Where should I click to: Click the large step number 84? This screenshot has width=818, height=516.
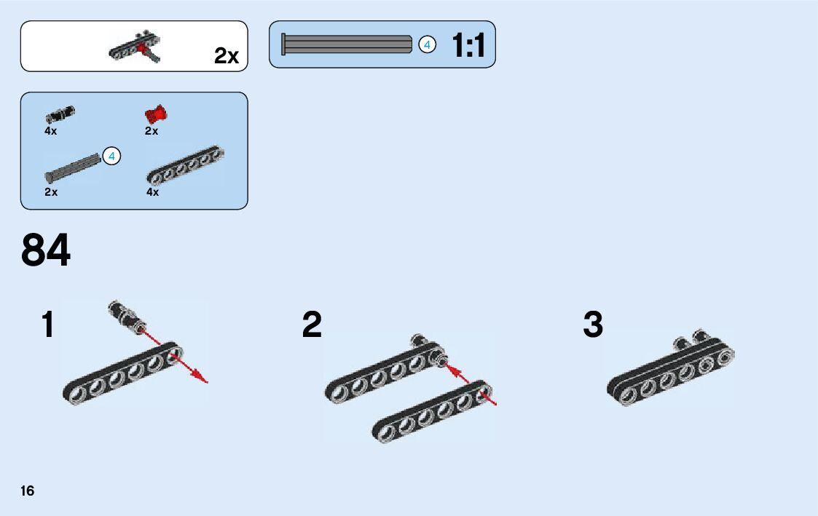pos(46,250)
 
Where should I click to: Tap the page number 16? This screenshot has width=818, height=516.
pos(28,491)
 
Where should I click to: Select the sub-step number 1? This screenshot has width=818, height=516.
pos(48,325)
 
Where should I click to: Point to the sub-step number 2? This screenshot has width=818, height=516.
pos(312,325)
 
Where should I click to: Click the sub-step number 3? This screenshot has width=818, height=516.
pos(593,325)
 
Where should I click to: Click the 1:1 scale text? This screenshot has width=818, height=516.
pos(468,46)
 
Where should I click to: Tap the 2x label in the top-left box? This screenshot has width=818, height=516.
pos(227,56)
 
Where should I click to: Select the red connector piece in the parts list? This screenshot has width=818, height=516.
pos(156,114)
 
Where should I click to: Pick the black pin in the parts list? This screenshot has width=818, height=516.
pos(60,114)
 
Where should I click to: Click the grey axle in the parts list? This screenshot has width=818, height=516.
pos(72,167)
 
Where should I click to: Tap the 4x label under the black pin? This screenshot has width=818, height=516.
pos(50,132)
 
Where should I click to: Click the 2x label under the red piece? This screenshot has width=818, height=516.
pos(152,132)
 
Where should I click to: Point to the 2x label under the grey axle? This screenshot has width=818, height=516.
pos(50,193)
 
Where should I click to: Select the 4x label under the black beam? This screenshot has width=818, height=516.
pos(152,193)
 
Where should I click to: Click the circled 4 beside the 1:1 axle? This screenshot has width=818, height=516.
pos(428,45)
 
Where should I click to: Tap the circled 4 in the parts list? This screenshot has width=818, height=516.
pos(111,156)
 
